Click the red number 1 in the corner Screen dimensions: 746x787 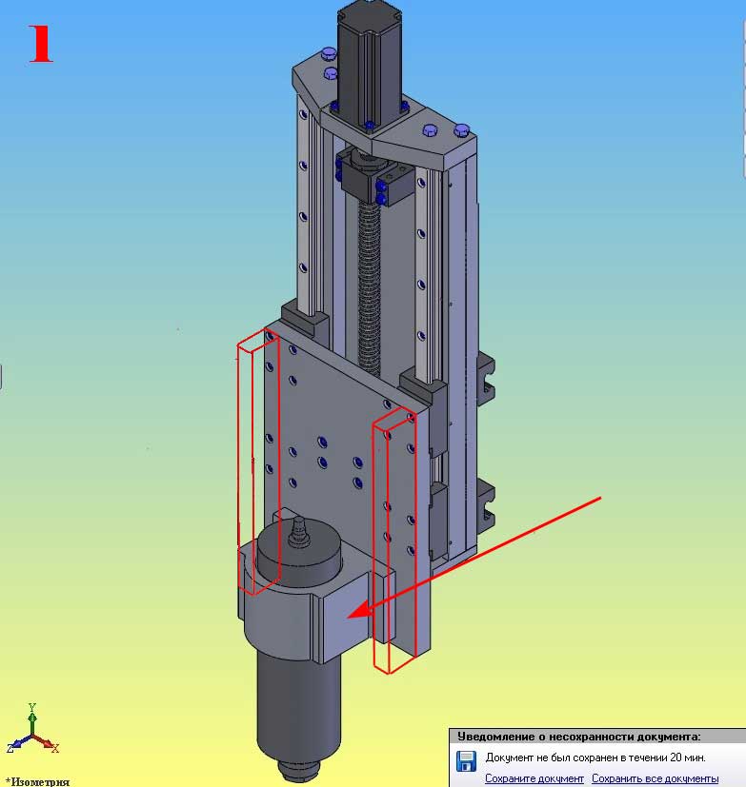(41, 44)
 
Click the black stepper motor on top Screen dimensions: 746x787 (370, 66)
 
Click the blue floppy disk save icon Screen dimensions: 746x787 (466, 761)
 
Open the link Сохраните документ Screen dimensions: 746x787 (534, 778)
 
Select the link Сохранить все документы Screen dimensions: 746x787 (655, 778)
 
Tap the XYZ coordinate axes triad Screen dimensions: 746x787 (32, 731)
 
